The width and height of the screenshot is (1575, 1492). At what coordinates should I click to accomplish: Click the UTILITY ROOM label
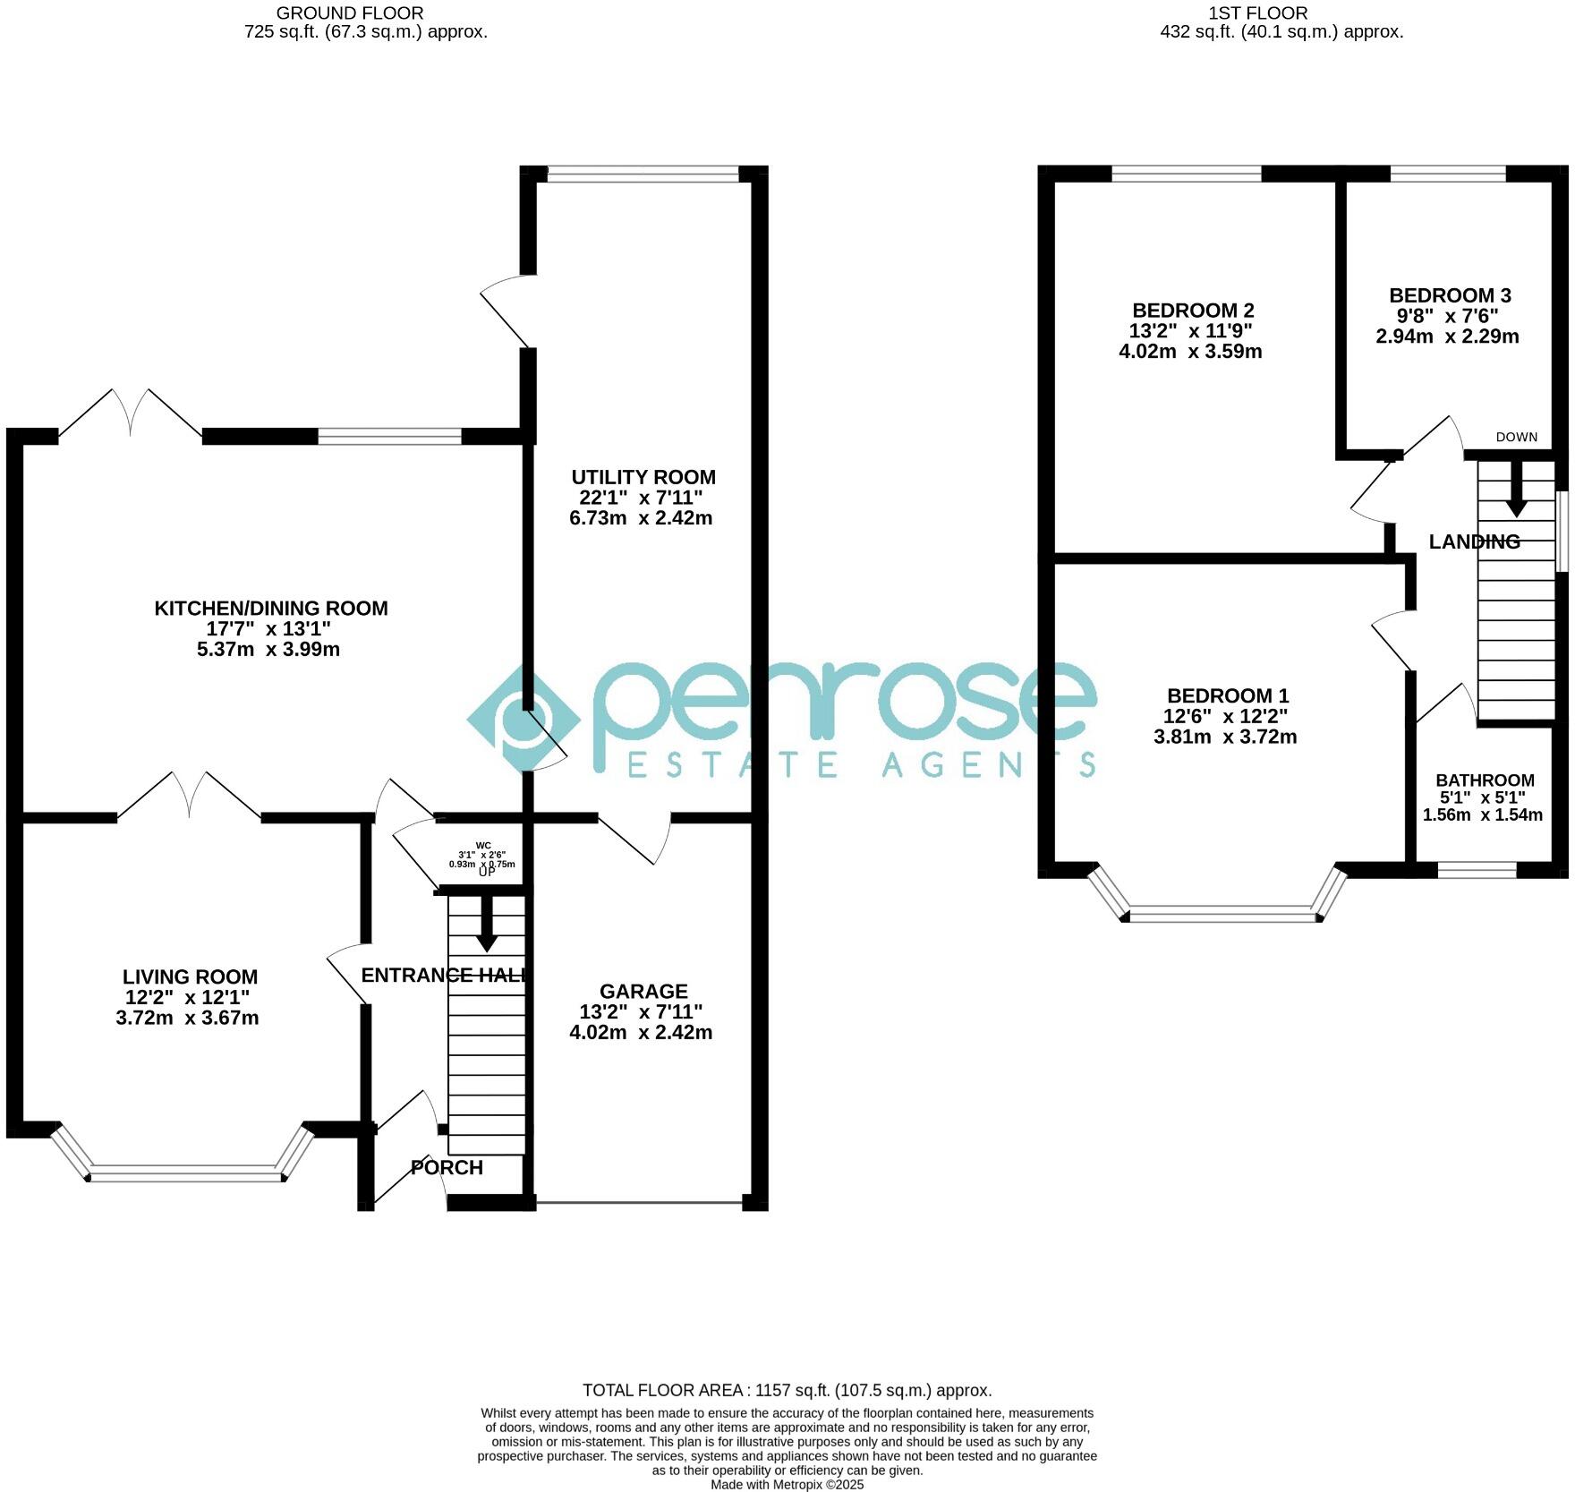643,477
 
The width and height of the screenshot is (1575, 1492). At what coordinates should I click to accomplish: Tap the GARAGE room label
643,991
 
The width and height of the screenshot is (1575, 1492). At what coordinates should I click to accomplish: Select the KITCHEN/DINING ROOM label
271,609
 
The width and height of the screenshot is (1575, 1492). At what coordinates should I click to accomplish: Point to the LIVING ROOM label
190,976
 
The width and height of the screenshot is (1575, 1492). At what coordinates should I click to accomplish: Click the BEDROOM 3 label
1450,295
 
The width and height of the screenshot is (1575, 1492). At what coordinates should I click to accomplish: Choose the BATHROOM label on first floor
1485,780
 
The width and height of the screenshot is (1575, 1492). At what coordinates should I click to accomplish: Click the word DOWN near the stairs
1517,437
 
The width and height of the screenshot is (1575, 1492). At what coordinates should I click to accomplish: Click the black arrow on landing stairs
1515,490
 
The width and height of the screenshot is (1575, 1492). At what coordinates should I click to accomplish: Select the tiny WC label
483,845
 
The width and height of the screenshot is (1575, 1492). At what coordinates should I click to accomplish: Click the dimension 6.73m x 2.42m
641,518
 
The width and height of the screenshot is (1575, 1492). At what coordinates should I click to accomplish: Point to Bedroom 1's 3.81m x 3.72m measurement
1225,737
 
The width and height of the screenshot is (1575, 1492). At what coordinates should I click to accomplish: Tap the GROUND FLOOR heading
350,13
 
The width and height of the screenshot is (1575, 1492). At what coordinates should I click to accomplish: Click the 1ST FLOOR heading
1257,13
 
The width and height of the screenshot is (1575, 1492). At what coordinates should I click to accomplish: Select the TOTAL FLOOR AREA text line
787,1390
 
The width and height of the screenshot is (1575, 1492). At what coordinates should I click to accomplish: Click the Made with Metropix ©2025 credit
787,1484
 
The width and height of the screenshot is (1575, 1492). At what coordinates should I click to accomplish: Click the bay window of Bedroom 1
1222,915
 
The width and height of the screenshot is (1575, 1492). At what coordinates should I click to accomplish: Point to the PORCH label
447,1167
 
